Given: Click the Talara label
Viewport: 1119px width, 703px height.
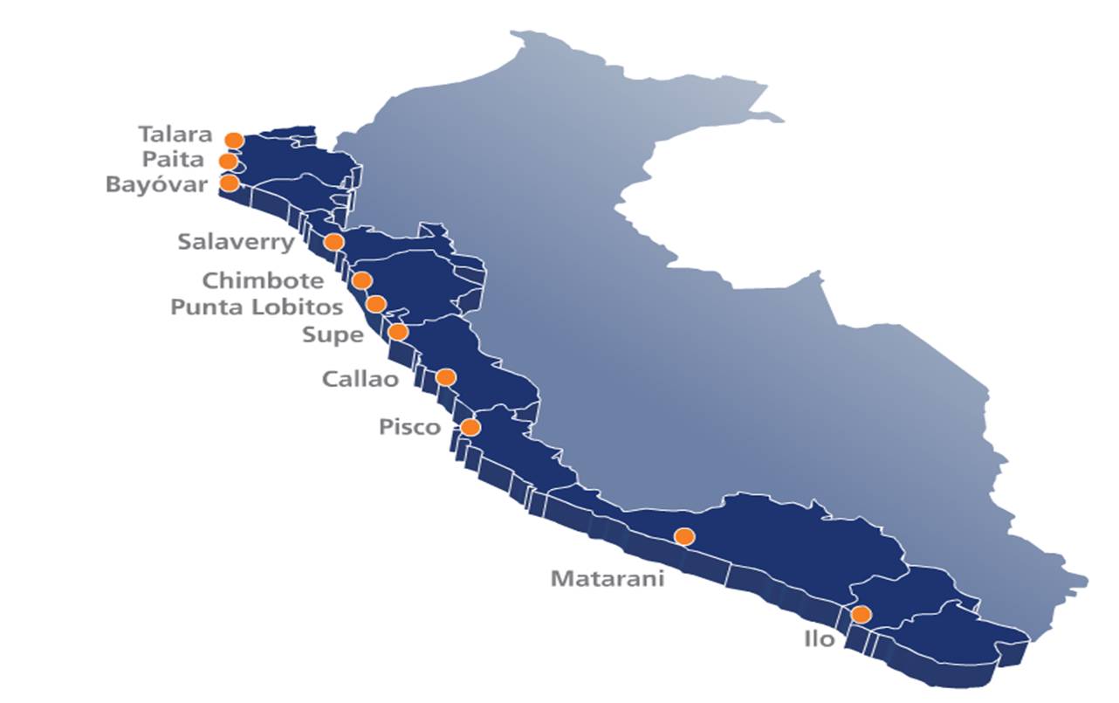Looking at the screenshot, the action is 175,134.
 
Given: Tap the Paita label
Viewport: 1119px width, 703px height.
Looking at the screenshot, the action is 175,160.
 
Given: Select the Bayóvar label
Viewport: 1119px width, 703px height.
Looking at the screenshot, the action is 157,185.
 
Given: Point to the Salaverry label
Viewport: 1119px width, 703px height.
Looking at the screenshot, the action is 236,242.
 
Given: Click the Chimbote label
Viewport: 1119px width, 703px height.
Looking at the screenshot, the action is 263,281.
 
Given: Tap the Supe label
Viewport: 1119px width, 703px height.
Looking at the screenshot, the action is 332,334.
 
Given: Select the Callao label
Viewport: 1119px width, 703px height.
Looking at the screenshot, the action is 360,379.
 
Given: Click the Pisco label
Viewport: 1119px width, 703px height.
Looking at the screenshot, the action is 410,428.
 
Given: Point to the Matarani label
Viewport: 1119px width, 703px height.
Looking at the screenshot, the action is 608,579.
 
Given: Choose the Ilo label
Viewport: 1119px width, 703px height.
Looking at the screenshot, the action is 819,639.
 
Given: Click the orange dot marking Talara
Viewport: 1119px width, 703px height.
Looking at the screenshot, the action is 234,140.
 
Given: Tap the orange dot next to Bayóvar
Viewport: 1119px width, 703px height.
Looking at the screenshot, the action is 229,183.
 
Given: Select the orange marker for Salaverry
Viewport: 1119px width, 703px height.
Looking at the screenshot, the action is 333,242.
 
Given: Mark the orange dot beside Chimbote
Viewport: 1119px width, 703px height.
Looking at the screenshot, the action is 361,280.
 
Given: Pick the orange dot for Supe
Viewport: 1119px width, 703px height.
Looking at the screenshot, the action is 397,332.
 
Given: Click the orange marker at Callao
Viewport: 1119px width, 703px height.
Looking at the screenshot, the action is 445,377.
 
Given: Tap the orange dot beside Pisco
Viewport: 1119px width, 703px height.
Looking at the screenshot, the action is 470,427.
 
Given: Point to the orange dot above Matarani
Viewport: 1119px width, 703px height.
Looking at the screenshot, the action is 684,536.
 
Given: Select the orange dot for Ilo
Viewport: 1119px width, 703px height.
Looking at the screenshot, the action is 861,614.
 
